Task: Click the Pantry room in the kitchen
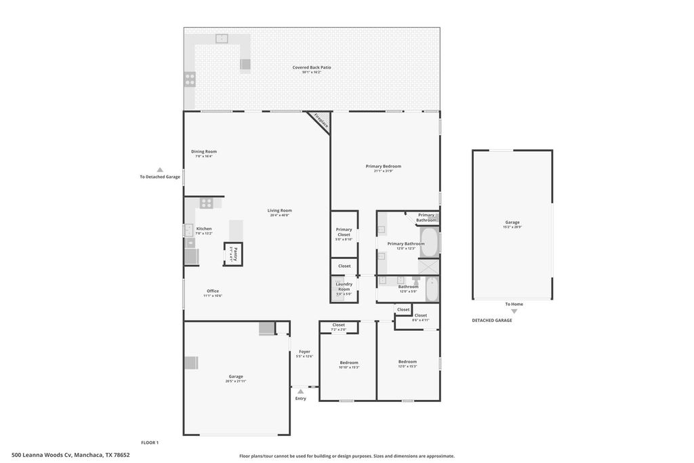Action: [232, 254]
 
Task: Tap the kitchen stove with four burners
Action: [207, 202]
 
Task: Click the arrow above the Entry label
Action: [300, 391]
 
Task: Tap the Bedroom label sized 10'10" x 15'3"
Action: [349, 364]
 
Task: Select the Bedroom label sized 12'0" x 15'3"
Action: [407, 363]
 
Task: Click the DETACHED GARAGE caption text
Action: [492, 320]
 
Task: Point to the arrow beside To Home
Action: [513, 310]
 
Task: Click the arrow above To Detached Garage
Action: [160, 170]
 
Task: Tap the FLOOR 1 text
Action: [150, 443]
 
